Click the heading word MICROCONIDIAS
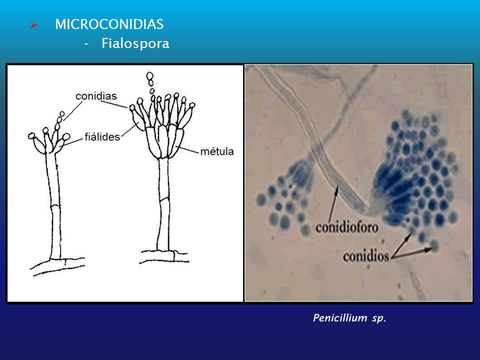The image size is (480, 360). tap(109, 24)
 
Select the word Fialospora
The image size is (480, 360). tap(135, 44)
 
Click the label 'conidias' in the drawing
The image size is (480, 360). tap(97, 95)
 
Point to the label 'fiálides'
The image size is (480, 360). tap(102, 136)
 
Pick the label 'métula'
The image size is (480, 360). tap(217, 151)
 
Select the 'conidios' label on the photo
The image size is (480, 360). tap(366, 256)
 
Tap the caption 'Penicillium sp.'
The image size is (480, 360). tap(349, 318)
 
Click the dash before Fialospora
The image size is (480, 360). tap(86, 44)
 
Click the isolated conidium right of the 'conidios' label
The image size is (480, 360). tap(433, 245)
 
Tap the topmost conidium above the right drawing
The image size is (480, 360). tap(149, 76)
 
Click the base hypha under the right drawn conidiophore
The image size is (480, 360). tap(165, 256)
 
